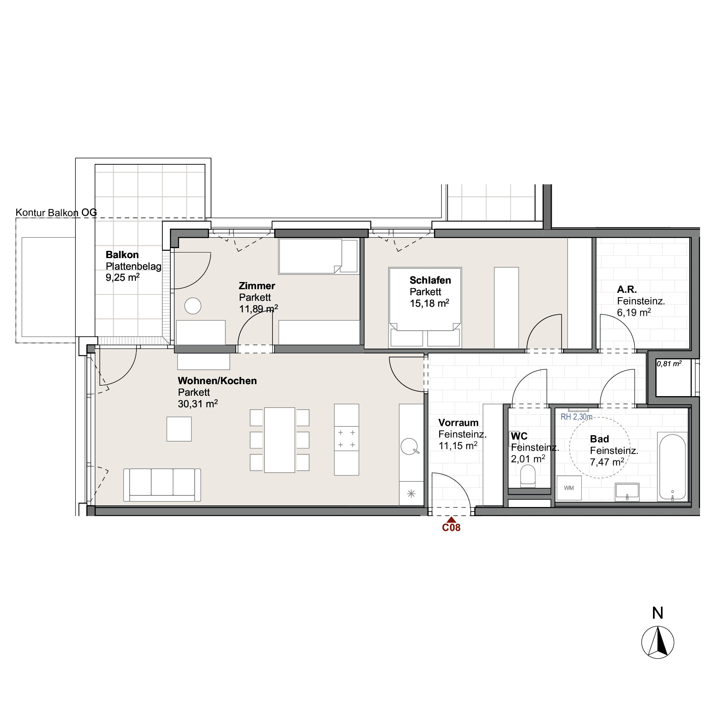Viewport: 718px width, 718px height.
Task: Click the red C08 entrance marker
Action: coord(451,525)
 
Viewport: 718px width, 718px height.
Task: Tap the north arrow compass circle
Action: coord(658,642)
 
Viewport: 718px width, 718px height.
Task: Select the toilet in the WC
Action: coord(528,477)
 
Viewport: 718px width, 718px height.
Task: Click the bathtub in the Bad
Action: coord(673,467)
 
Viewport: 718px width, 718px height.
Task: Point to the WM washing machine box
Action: coord(569,488)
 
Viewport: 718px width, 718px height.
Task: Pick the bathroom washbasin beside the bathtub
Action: coord(627,491)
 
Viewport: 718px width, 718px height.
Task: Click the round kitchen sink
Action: coord(409,446)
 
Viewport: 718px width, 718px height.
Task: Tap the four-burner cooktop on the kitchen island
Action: coord(347,438)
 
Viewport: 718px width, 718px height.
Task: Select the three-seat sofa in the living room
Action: coord(162,485)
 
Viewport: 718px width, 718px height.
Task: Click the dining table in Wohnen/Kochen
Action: coord(280,440)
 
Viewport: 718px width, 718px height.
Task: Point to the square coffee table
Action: coord(179,429)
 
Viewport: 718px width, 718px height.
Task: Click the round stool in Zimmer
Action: coord(193,306)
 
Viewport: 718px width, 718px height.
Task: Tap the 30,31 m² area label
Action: coord(198,404)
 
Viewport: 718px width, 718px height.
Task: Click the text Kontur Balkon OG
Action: coord(56,213)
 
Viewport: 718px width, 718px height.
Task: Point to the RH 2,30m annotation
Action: coord(576,417)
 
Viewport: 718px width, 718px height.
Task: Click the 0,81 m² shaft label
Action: coord(669,363)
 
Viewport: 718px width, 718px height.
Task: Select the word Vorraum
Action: coord(458,423)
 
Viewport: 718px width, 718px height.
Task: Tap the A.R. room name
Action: coord(627,290)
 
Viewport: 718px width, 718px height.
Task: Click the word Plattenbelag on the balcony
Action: coord(134,266)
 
